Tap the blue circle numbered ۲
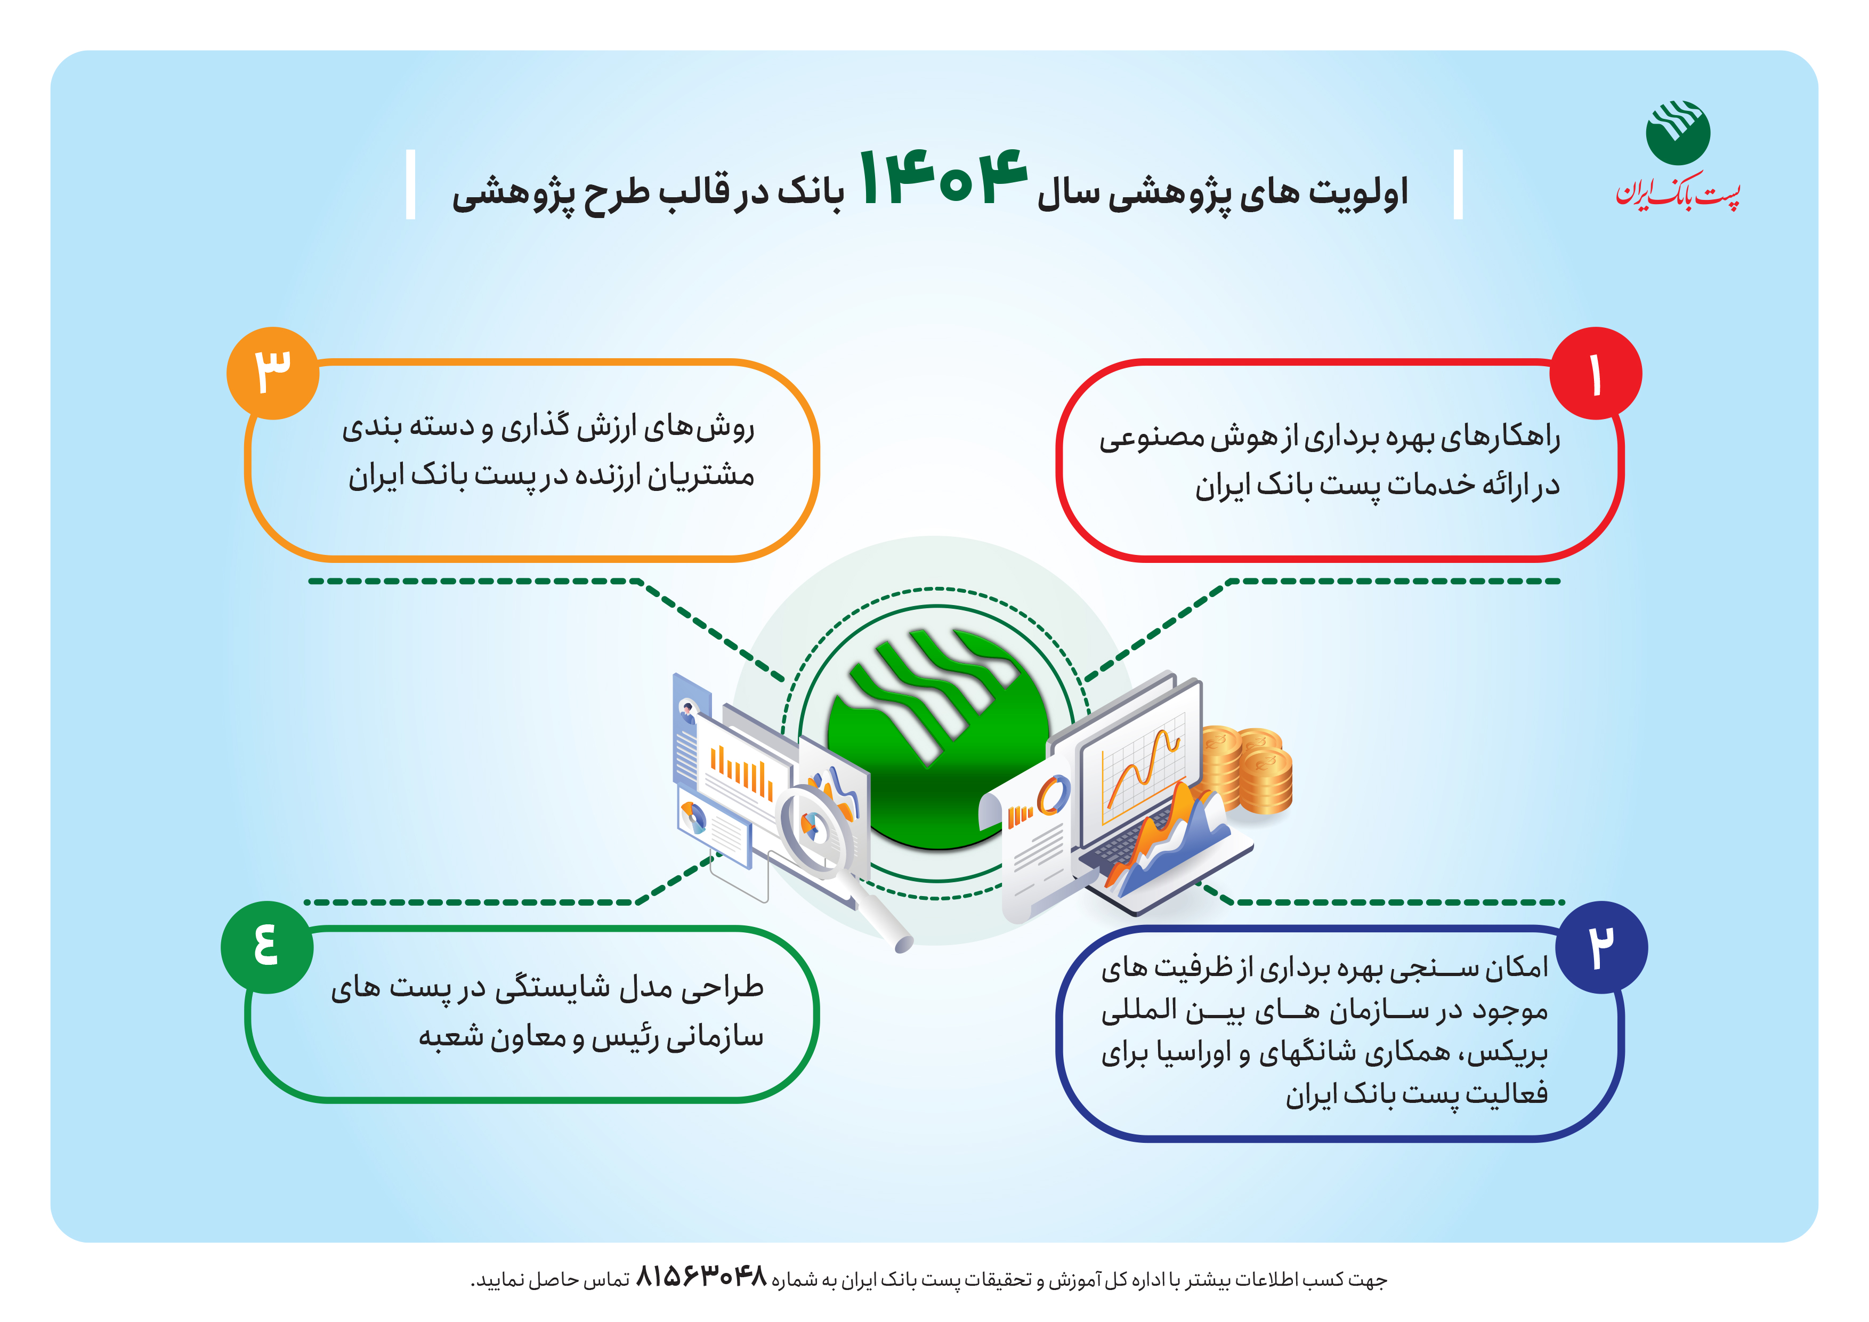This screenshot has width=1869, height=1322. tap(1601, 947)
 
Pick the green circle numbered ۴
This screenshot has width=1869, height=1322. tap(267, 947)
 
